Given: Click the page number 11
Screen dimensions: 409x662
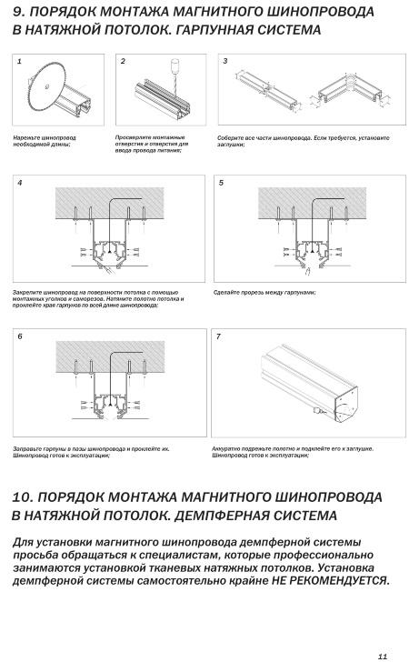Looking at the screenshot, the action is (x=383, y=657).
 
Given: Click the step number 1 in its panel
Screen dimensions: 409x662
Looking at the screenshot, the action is (x=19, y=62).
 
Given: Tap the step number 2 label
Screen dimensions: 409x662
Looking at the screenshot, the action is (x=123, y=61).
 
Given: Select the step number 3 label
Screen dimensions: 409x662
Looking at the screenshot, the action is (x=225, y=61).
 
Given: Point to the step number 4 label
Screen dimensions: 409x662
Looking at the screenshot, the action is (x=20, y=183).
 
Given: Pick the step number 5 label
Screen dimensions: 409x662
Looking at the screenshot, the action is (x=221, y=183).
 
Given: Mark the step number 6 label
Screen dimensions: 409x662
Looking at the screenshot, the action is (x=20, y=336).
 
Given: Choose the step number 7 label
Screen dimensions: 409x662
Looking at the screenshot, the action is (x=218, y=336).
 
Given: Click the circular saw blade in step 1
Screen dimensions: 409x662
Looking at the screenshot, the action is (x=46, y=87).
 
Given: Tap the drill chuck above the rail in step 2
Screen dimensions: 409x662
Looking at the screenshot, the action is (x=173, y=65).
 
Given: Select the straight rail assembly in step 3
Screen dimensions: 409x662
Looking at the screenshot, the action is (x=266, y=89).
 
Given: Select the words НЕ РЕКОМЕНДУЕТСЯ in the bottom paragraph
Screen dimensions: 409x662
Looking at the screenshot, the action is (x=330, y=580).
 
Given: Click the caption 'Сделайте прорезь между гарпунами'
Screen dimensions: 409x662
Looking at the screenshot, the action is (x=264, y=292).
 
